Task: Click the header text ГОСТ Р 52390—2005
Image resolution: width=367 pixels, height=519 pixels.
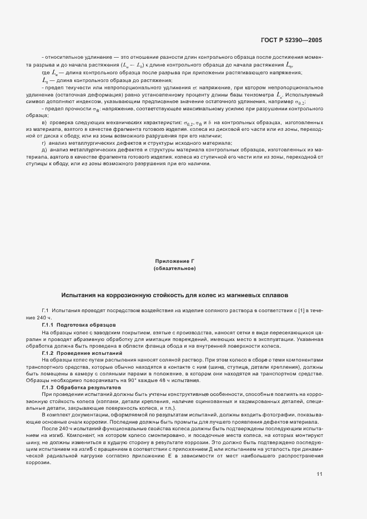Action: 291,40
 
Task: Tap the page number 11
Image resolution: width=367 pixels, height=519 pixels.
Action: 319,458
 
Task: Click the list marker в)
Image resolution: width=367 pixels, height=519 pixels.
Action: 44,121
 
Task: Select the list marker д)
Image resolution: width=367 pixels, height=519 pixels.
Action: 44,150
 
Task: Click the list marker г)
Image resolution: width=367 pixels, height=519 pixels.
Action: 44,143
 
